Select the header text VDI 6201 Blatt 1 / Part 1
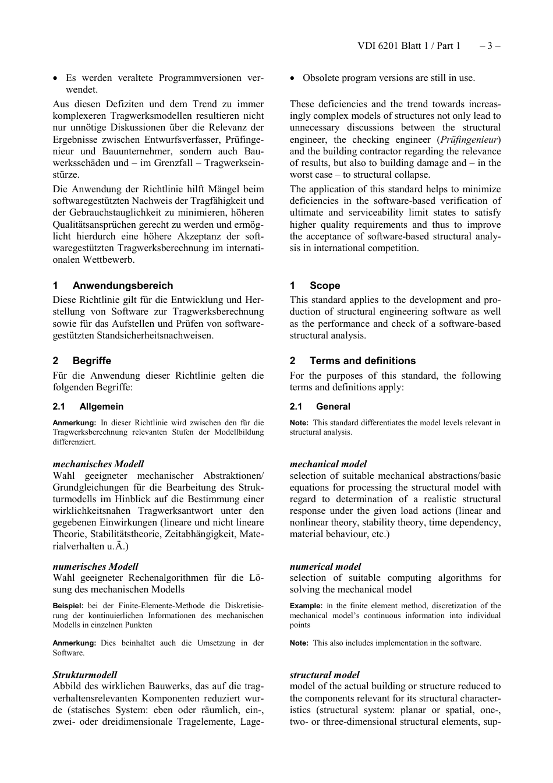(409, 46)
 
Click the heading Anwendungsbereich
(123, 285)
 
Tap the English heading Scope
(325, 285)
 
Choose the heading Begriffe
(91, 361)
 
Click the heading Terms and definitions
(362, 361)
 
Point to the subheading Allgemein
(101, 407)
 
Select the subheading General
(333, 407)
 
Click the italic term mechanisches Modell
(98, 464)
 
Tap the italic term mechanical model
(328, 464)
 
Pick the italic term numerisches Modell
(95, 566)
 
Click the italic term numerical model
(325, 566)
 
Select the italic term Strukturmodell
(85, 675)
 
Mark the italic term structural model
(324, 675)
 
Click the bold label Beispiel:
(68, 606)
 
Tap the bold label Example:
(306, 606)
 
